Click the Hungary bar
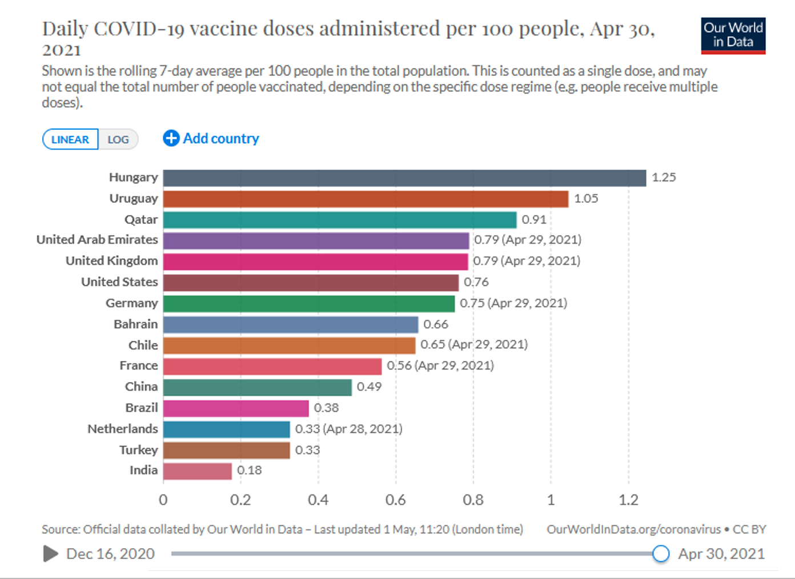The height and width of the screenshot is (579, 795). [404, 178]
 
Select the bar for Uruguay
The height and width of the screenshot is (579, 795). [366, 199]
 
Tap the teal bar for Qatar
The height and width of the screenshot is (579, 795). [340, 220]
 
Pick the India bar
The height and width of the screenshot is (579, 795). [198, 471]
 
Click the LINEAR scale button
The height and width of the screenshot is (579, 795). [70, 139]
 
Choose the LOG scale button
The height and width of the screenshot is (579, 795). [118, 139]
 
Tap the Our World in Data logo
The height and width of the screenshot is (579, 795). [733, 35]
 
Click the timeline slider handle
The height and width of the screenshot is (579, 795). [661, 553]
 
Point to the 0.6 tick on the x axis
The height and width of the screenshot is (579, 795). [396, 500]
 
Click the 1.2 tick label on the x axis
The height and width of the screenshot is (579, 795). [628, 500]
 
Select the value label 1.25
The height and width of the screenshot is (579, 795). [664, 178]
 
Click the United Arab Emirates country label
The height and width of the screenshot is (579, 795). [97, 240]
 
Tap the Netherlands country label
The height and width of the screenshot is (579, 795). [122, 429]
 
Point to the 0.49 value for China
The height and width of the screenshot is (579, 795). [369, 387]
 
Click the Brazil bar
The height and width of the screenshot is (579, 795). [236, 408]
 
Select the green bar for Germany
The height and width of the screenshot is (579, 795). [309, 303]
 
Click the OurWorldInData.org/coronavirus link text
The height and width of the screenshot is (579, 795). [633, 529]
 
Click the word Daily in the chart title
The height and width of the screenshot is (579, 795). [65, 29]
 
